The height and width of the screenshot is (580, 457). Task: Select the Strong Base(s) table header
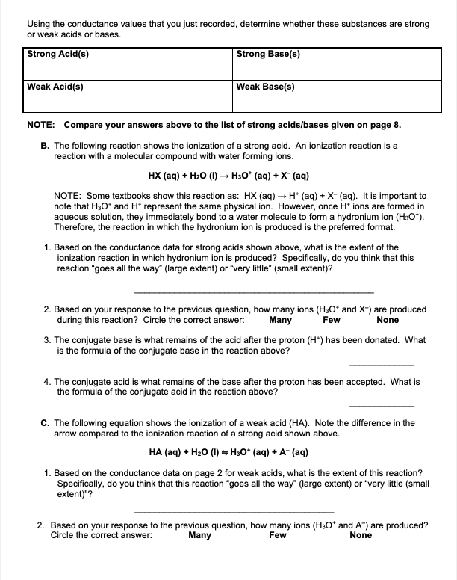(x=269, y=54)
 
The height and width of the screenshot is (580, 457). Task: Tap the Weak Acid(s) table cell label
(x=55, y=87)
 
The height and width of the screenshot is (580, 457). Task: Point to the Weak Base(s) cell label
(x=265, y=87)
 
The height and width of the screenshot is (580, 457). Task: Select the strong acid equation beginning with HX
(x=228, y=176)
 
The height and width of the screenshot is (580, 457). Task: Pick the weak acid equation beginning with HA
(x=228, y=453)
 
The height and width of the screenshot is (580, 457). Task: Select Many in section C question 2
(x=199, y=535)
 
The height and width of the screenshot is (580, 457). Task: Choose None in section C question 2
(x=361, y=535)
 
